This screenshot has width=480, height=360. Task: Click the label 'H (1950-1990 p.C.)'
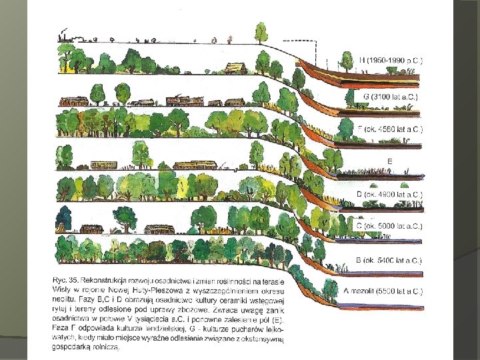click(x=391, y=60)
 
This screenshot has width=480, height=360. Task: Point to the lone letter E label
click(x=390, y=161)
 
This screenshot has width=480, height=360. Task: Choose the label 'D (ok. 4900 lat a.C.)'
click(x=391, y=193)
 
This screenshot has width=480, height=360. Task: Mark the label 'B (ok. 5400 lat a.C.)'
click(x=391, y=259)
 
